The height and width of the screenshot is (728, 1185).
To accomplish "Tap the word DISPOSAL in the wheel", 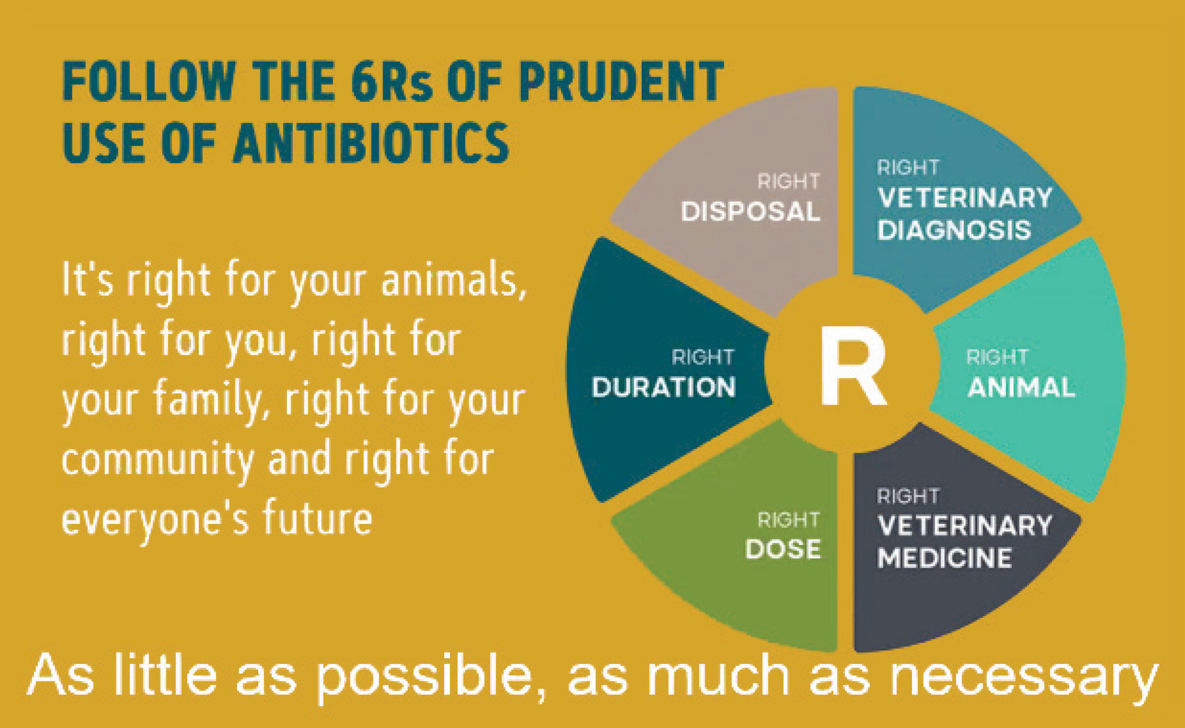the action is tap(750, 212).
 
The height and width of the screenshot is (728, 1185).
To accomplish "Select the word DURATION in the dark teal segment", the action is tap(663, 387).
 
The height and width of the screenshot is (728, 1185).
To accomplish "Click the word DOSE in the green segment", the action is tap(783, 549).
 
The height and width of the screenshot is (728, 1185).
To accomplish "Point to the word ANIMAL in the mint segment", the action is tap(1021, 388).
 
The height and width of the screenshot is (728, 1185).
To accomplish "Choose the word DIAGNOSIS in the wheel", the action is tap(954, 230).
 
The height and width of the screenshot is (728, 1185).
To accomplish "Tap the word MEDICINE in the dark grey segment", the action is tap(944, 558).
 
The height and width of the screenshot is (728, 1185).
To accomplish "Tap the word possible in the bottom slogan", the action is tap(426, 676).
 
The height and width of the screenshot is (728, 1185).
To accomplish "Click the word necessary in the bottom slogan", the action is tap(1024, 677).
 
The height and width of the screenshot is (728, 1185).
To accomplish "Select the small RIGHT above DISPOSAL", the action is tap(789, 182).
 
